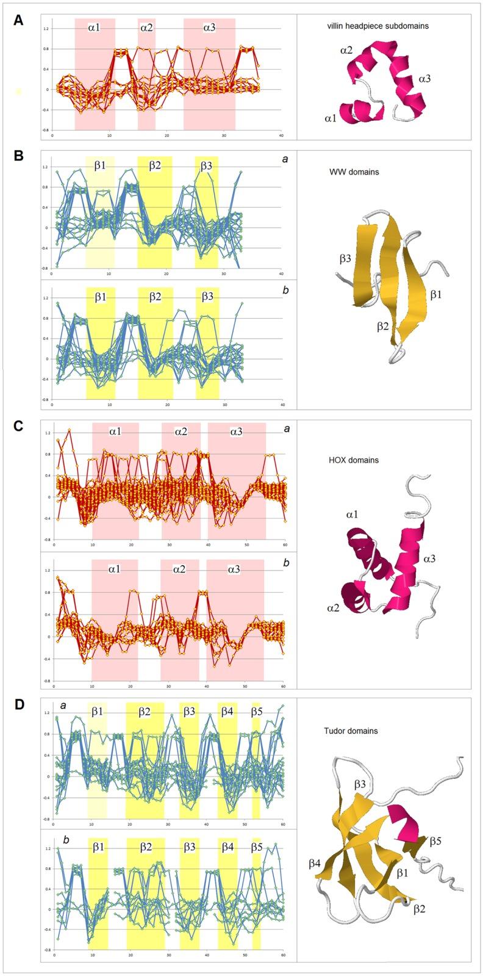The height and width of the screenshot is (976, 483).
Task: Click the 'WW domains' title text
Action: pyautogui.click(x=354, y=172)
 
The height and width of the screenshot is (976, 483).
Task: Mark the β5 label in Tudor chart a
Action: pyautogui.click(x=257, y=712)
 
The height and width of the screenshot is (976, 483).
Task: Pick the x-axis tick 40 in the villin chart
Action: pyautogui.click(x=281, y=136)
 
